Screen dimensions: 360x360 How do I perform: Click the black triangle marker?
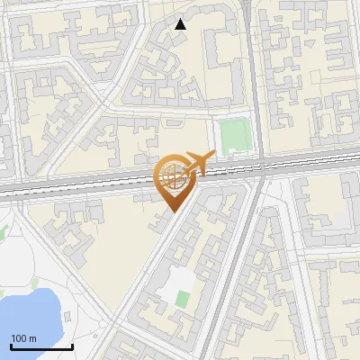[181, 24]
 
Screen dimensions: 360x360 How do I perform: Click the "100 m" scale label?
[23, 338]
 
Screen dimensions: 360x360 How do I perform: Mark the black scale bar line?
[40, 346]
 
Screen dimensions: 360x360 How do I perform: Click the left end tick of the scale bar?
[10, 344]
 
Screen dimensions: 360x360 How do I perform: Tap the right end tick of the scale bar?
[72, 344]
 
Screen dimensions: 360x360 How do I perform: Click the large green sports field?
[233, 135]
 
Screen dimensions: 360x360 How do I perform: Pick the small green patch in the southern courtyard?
[184, 299]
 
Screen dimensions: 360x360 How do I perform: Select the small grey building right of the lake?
[66, 318]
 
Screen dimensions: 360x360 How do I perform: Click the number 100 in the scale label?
[19, 338]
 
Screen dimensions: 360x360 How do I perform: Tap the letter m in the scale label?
[32, 338]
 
